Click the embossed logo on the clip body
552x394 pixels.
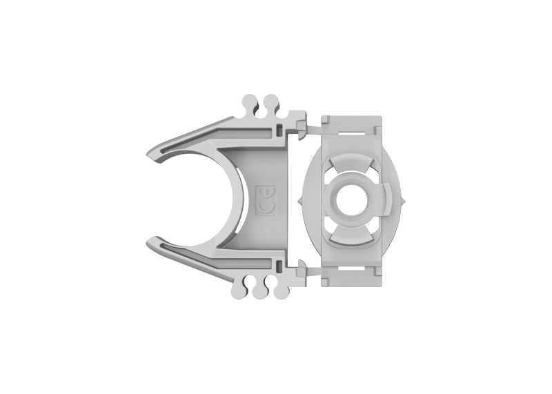click(x=266, y=200)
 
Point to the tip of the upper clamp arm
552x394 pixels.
click(x=151, y=152)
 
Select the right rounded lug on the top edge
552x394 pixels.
click(x=270, y=103)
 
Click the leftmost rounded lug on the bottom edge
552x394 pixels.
click(x=239, y=290)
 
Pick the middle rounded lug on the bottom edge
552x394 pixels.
click(x=259, y=291)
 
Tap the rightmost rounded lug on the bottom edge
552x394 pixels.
click(x=280, y=291)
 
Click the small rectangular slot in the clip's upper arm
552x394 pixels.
click(x=278, y=130)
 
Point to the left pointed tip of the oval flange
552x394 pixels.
click(x=299, y=201)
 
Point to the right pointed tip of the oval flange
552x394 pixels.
click(x=406, y=201)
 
